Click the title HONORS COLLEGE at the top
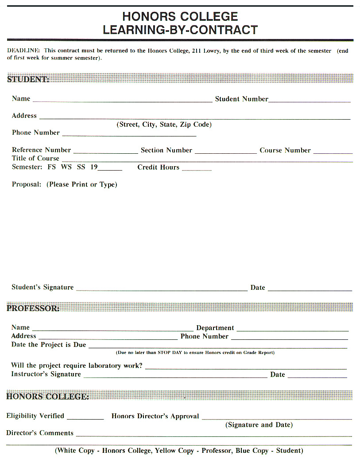pyautogui.click(x=180, y=17)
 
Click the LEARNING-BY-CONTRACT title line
pyautogui.click(x=180, y=30)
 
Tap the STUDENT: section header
pyautogui.click(x=28, y=79)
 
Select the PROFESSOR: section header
pyautogui.click(x=33, y=308)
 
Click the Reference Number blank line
pyautogui.click(x=105, y=152)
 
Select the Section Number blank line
pyautogui.click(x=225, y=152)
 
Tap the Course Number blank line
pyautogui.click(x=333, y=152)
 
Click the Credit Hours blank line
pyautogui.click(x=197, y=169)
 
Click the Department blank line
pyautogui.click(x=292, y=330)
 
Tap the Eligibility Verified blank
pyautogui.click(x=85, y=418)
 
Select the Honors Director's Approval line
pyautogui.click(x=277, y=418)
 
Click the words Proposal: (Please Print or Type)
pyautogui.click(x=64, y=184)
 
